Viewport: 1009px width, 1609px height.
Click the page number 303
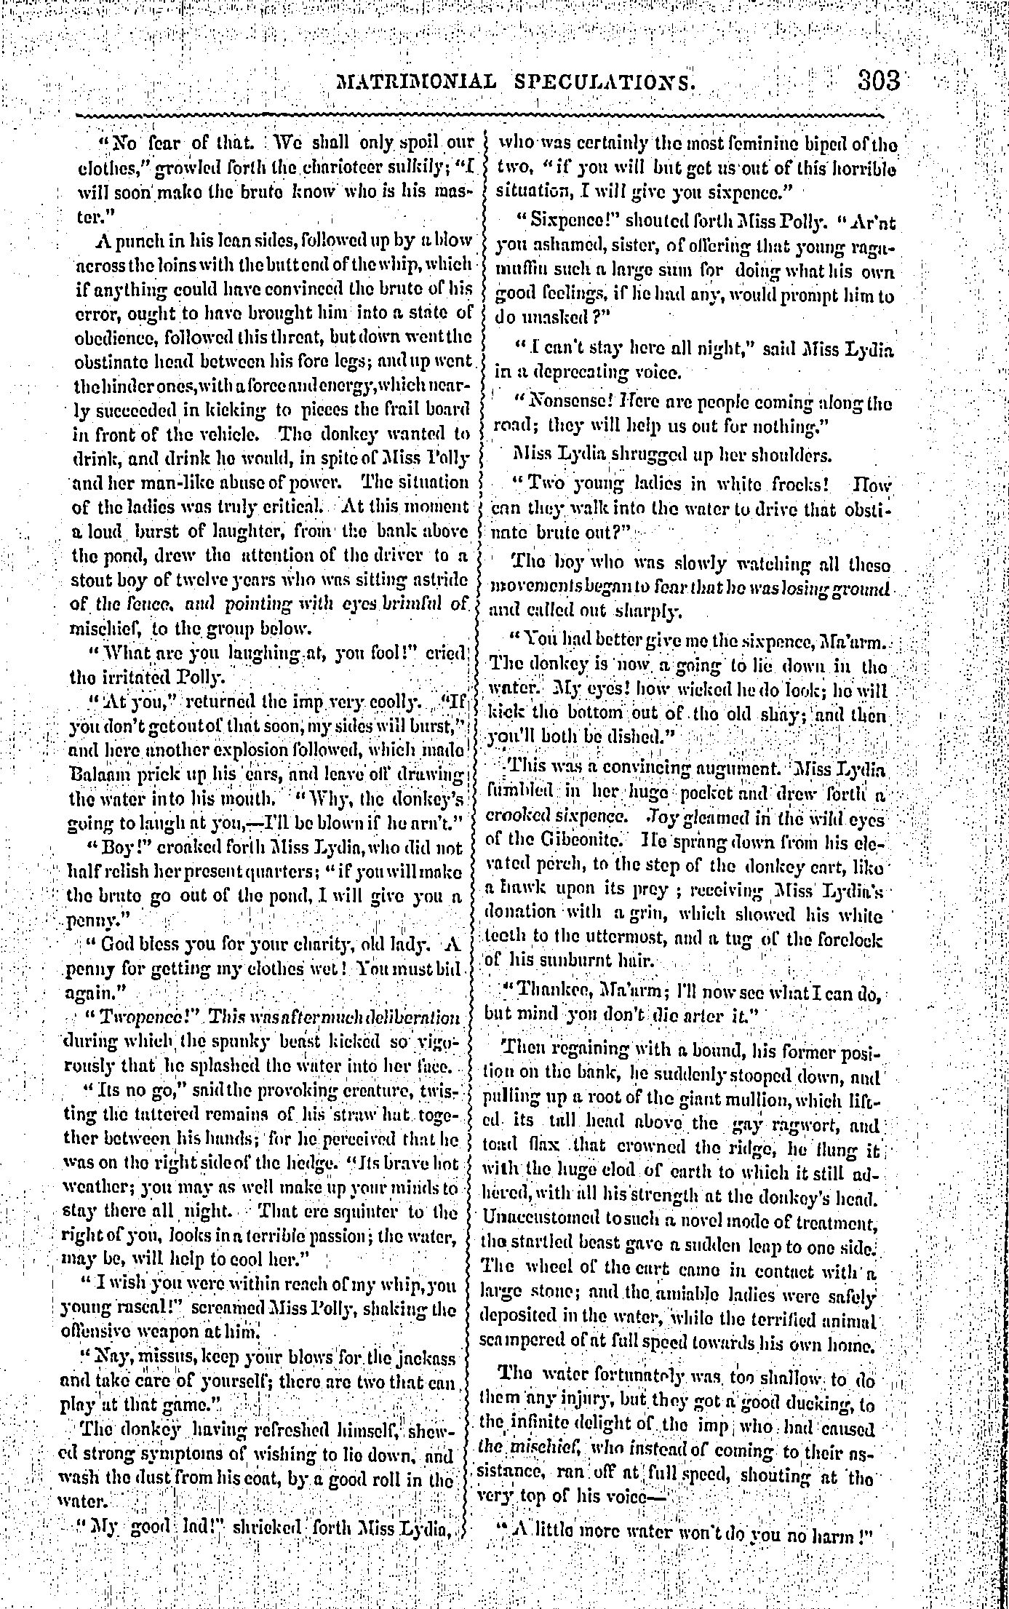pyautogui.click(x=879, y=79)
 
